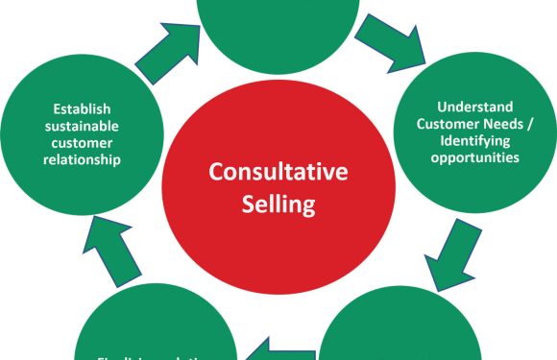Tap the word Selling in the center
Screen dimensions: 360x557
278,204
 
